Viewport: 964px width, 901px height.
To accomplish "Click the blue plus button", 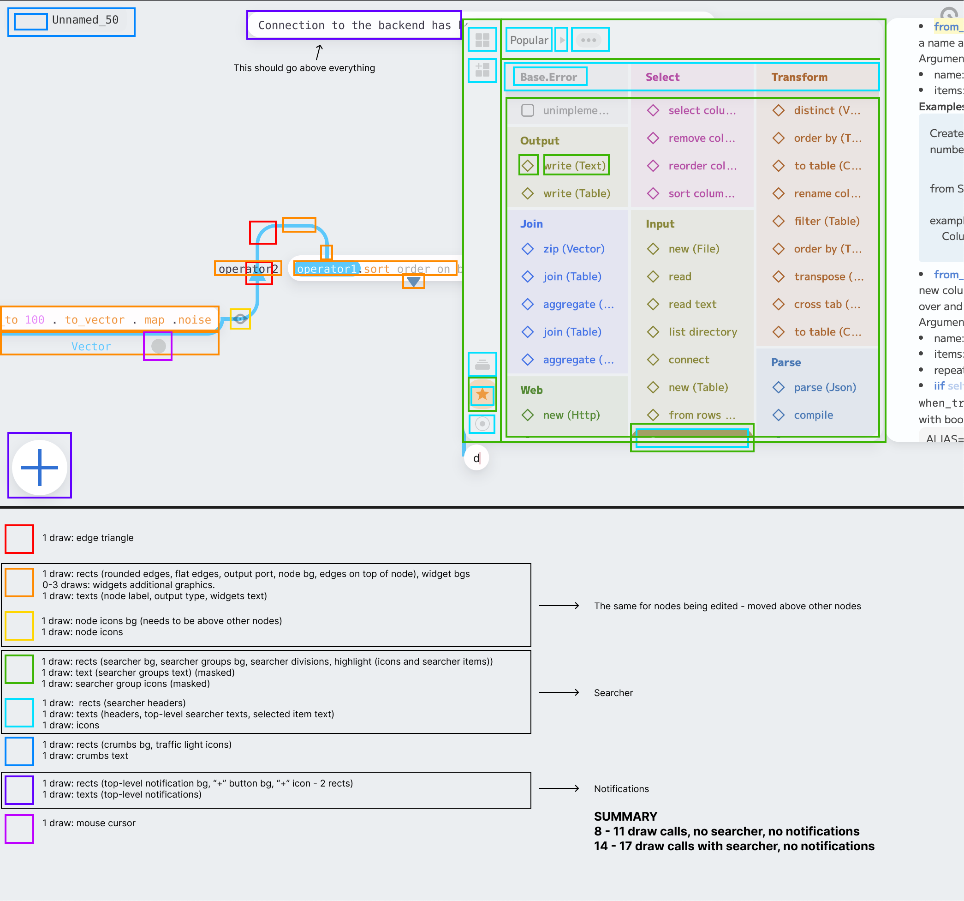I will (40, 467).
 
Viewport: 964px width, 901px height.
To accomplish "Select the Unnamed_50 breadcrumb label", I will (85, 20).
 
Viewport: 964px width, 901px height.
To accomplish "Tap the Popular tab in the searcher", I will (529, 40).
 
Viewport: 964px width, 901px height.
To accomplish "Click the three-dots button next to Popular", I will (589, 40).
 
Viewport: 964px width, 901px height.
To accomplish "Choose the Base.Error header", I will (548, 77).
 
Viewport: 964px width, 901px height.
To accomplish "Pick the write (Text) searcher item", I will (575, 165).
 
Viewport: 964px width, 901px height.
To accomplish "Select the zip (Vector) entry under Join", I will (574, 249).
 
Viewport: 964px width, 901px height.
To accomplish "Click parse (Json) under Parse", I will (824, 387).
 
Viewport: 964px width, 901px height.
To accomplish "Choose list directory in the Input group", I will (702, 332).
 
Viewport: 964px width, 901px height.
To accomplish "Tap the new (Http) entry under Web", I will (571, 415).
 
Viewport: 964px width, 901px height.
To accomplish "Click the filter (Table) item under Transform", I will (826, 221).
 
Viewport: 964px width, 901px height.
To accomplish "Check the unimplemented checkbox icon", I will (528, 110).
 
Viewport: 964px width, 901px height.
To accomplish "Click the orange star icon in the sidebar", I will (482, 394).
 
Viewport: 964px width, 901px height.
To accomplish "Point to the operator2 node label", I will (248, 268).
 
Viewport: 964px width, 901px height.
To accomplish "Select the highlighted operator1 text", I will (327, 269).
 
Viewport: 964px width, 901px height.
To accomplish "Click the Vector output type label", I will (91, 347).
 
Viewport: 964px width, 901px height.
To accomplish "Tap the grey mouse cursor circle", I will (159, 346).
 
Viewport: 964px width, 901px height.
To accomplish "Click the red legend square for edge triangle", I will (19, 539).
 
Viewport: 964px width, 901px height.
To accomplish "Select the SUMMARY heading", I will (625, 816).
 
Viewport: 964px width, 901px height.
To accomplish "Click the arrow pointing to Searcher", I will (559, 692).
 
